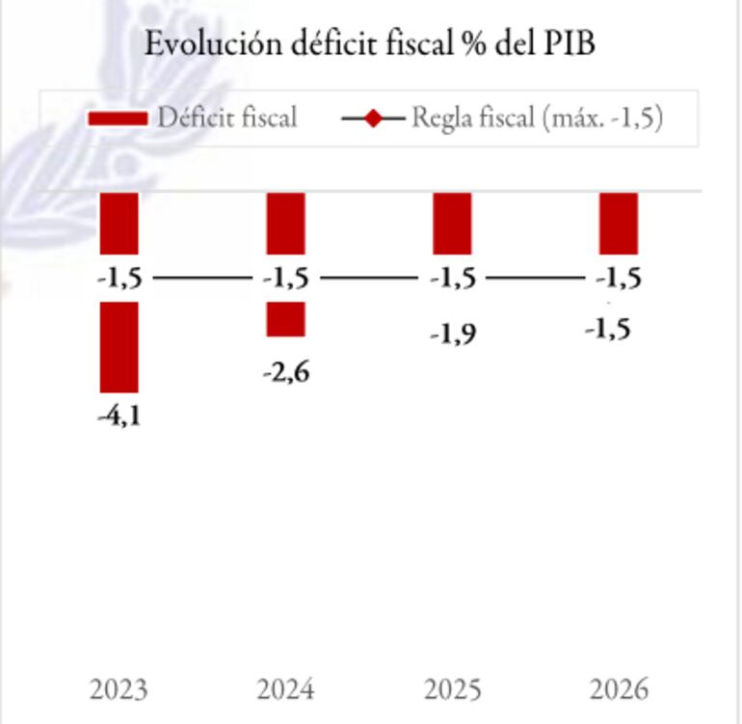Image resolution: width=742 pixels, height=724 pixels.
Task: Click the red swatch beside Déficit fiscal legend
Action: coord(117,119)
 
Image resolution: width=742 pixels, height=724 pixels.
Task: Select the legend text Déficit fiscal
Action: coord(227,118)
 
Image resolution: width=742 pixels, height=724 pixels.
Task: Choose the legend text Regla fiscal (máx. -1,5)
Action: coord(537,118)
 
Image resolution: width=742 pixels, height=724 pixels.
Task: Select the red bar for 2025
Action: coord(452,223)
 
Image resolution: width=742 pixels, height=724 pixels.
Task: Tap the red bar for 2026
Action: coord(619,223)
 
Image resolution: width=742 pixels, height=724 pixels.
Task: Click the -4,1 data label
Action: coord(119,416)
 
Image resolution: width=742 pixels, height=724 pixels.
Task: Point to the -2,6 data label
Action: coord(286,372)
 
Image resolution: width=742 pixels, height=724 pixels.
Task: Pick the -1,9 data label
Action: coord(453,335)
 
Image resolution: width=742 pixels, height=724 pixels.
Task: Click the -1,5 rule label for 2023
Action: coord(119,279)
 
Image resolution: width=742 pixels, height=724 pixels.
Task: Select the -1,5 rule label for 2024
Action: coord(286,279)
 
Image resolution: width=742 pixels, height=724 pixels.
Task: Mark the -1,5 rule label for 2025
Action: coord(453,279)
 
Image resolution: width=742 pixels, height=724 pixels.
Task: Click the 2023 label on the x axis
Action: coord(119,690)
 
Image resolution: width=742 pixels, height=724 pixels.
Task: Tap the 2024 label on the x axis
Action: coord(285,690)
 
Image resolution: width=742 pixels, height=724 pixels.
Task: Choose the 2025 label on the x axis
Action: coord(453,690)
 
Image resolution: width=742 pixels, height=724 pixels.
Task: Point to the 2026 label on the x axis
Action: coord(619,690)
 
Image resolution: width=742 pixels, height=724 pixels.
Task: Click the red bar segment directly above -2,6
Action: coord(286,319)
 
